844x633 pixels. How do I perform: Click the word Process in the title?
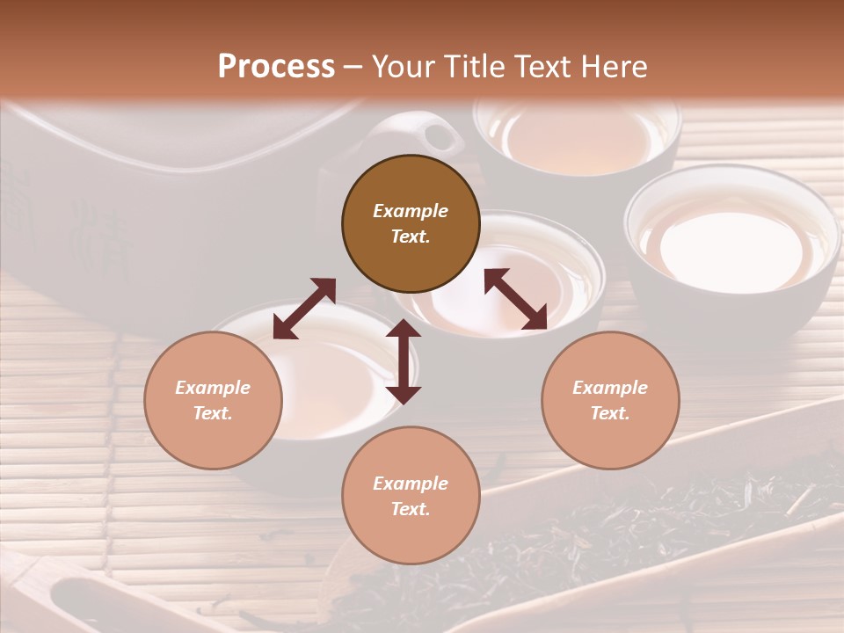(x=276, y=67)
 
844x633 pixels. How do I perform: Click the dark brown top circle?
(x=411, y=223)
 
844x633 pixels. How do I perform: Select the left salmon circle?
(x=213, y=400)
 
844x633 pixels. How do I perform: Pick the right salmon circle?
(x=610, y=400)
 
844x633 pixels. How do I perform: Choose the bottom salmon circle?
(x=411, y=496)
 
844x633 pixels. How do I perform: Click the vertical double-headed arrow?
(x=404, y=361)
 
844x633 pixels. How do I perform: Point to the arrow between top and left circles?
(x=304, y=309)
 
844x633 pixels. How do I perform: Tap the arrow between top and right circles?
(x=516, y=299)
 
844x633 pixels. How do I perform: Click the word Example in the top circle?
(x=411, y=211)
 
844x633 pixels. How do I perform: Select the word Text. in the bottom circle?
(x=411, y=509)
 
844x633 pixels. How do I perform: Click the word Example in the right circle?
(x=610, y=388)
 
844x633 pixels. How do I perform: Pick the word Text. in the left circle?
(x=213, y=413)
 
